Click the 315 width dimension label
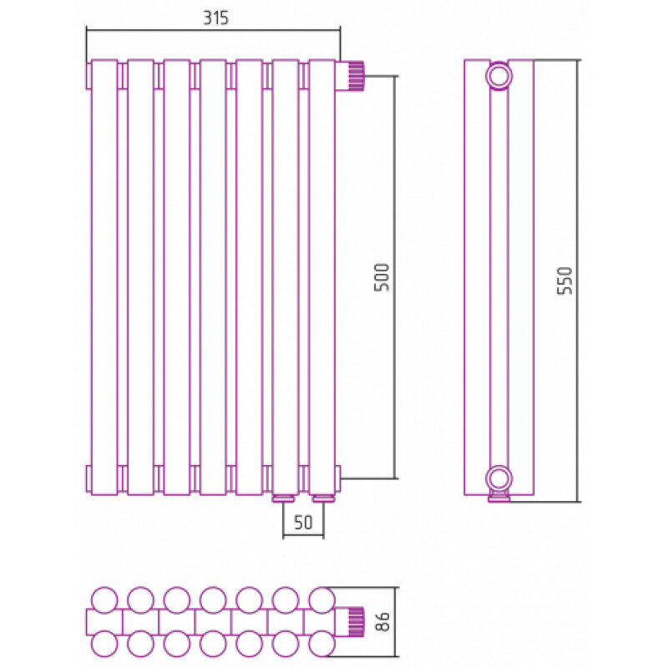215,18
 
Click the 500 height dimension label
382,277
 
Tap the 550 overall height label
566,281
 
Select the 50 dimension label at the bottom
303,523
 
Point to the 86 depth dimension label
383,621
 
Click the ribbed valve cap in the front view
356,76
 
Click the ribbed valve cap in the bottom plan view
357,622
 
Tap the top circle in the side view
498,77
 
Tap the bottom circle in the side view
498,478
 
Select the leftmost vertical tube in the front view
104,277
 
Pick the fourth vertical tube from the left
213,277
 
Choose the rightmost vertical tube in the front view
322,277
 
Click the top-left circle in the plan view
104,600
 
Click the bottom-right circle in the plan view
322,643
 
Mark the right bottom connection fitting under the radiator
324,498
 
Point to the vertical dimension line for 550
578,281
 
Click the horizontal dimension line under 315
214,30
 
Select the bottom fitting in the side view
498,497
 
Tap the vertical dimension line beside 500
396,277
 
